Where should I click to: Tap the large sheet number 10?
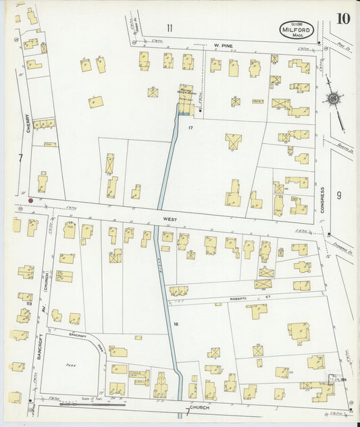tap(343, 18)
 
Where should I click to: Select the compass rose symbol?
tap(333, 99)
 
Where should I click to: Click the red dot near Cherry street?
tap(30, 200)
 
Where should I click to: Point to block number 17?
tap(191, 128)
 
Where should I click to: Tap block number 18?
tap(176, 324)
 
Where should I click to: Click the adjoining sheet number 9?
tap(338, 195)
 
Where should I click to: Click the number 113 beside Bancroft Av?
tap(29, 304)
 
